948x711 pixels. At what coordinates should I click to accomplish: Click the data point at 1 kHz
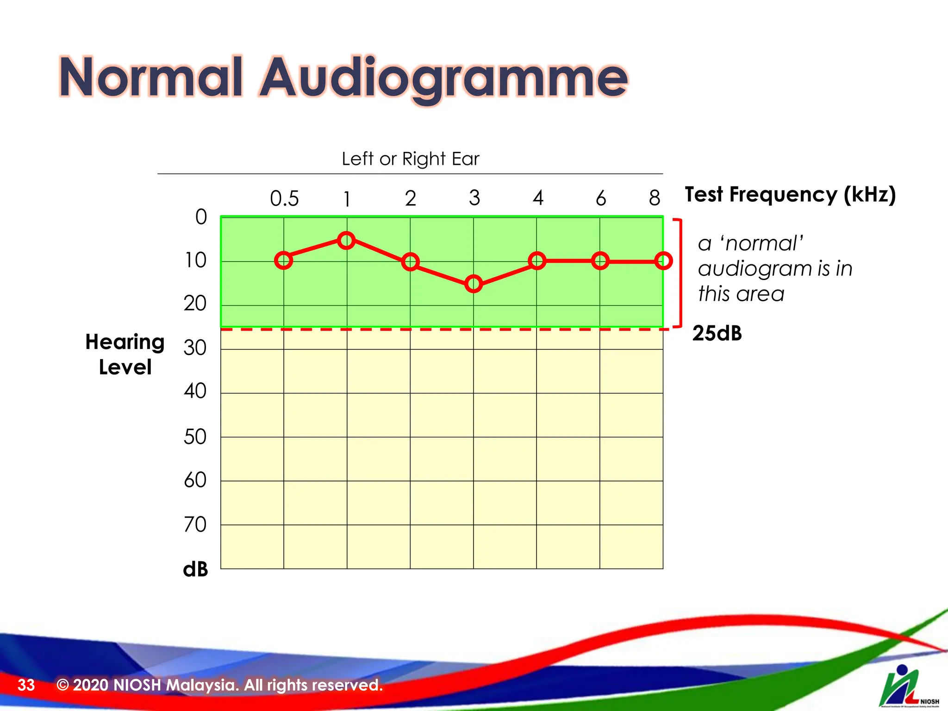click(x=346, y=240)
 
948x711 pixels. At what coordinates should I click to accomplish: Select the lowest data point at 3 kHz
click(x=474, y=284)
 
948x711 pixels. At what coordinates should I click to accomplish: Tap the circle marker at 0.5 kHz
click(x=283, y=260)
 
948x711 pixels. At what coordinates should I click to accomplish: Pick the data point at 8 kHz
click(x=663, y=261)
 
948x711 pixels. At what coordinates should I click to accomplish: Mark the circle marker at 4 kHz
click(x=537, y=261)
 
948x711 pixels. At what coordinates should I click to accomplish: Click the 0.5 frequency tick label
click(x=284, y=199)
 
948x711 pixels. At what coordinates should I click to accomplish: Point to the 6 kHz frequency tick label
click(x=601, y=199)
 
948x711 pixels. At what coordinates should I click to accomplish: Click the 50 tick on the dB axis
click(x=195, y=437)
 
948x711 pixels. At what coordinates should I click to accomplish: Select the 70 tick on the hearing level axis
click(x=195, y=525)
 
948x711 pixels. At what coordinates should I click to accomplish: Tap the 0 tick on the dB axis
click(x=201, y=217)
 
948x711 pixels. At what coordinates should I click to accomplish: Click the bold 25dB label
click(x=717, y=333)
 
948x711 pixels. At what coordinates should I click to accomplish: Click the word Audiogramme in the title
click(x=443, y=78)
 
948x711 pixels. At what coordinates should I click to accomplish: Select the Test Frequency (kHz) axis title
click(x=790, y=194)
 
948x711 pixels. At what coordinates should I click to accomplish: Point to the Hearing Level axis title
click(x=125, y=354)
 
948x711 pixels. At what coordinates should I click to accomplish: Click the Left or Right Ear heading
click(x=410, y=159)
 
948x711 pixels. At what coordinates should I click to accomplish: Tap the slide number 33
click(x=26, y=685)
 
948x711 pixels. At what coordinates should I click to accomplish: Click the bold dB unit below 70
click(x=195, y=569)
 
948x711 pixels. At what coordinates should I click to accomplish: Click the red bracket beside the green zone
click(x=680, y=273)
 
